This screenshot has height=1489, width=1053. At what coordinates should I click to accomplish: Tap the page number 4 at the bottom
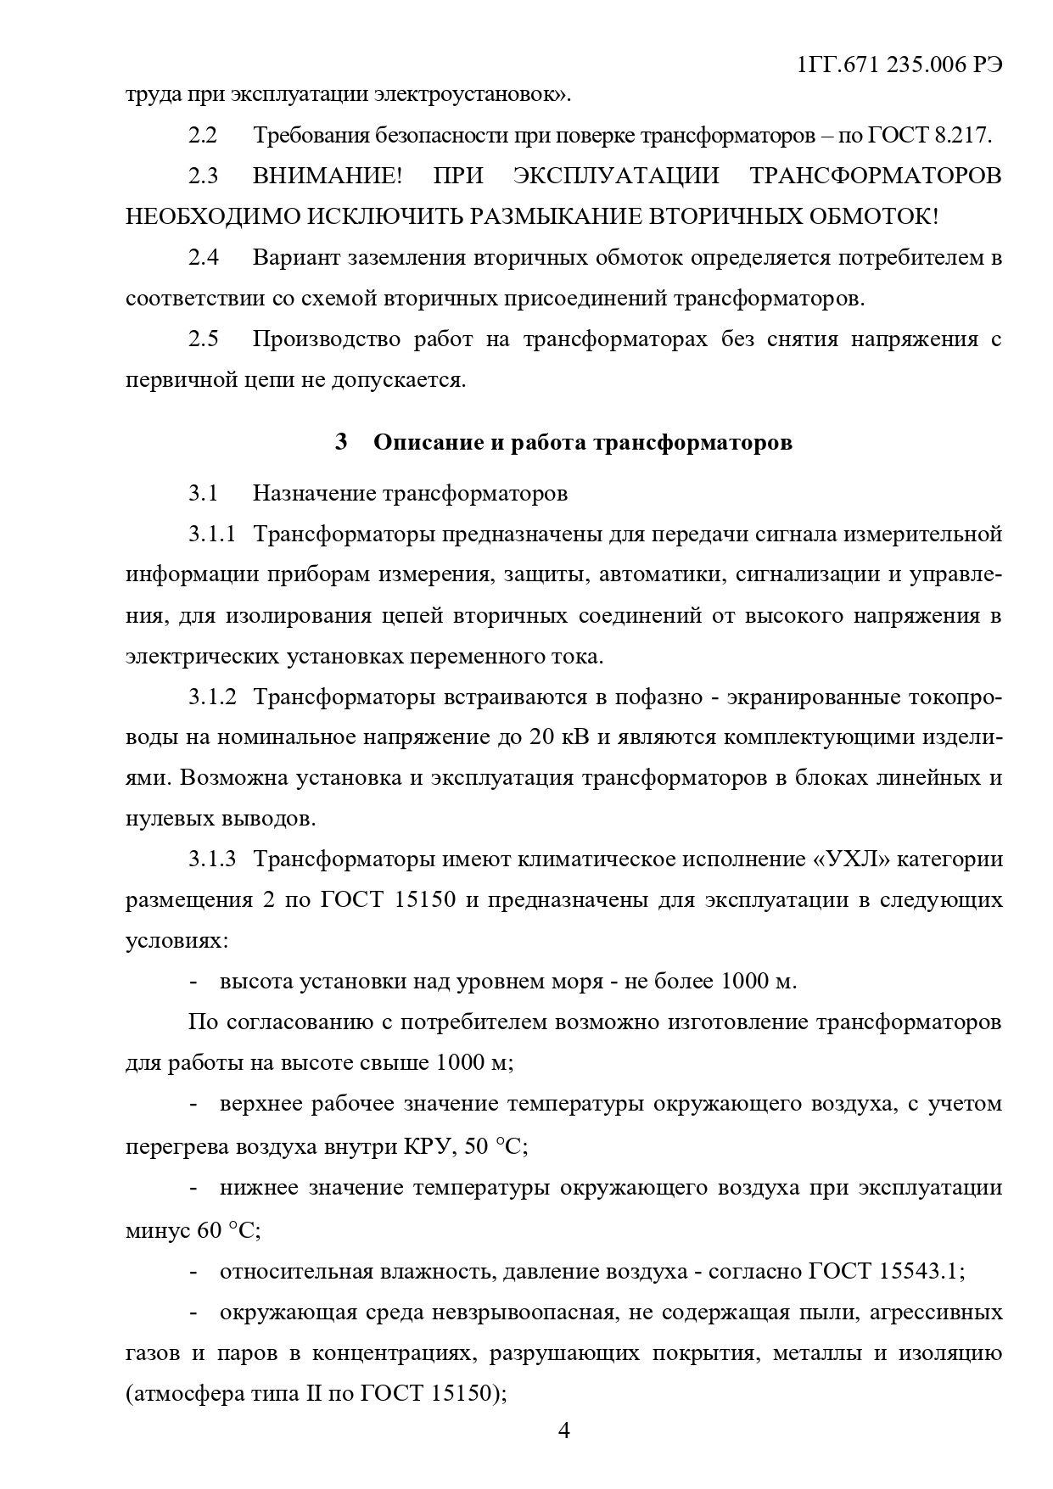564,1431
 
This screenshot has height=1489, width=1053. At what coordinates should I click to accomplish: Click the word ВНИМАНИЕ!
328,176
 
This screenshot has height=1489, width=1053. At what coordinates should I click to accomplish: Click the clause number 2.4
204,258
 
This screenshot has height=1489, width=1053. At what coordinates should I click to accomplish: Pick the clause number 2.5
204,339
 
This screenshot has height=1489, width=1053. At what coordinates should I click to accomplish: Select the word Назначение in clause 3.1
314,493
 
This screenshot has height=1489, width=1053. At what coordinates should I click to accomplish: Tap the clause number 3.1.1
211,534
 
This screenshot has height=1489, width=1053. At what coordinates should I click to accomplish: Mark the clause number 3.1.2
211,697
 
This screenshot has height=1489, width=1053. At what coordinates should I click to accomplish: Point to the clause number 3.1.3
211,859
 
